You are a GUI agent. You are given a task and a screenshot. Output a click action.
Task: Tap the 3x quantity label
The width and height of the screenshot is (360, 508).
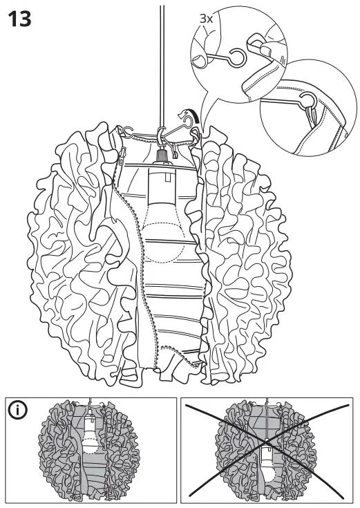(206, 19)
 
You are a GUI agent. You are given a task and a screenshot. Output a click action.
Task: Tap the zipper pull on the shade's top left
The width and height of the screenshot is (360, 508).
(123, 153)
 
